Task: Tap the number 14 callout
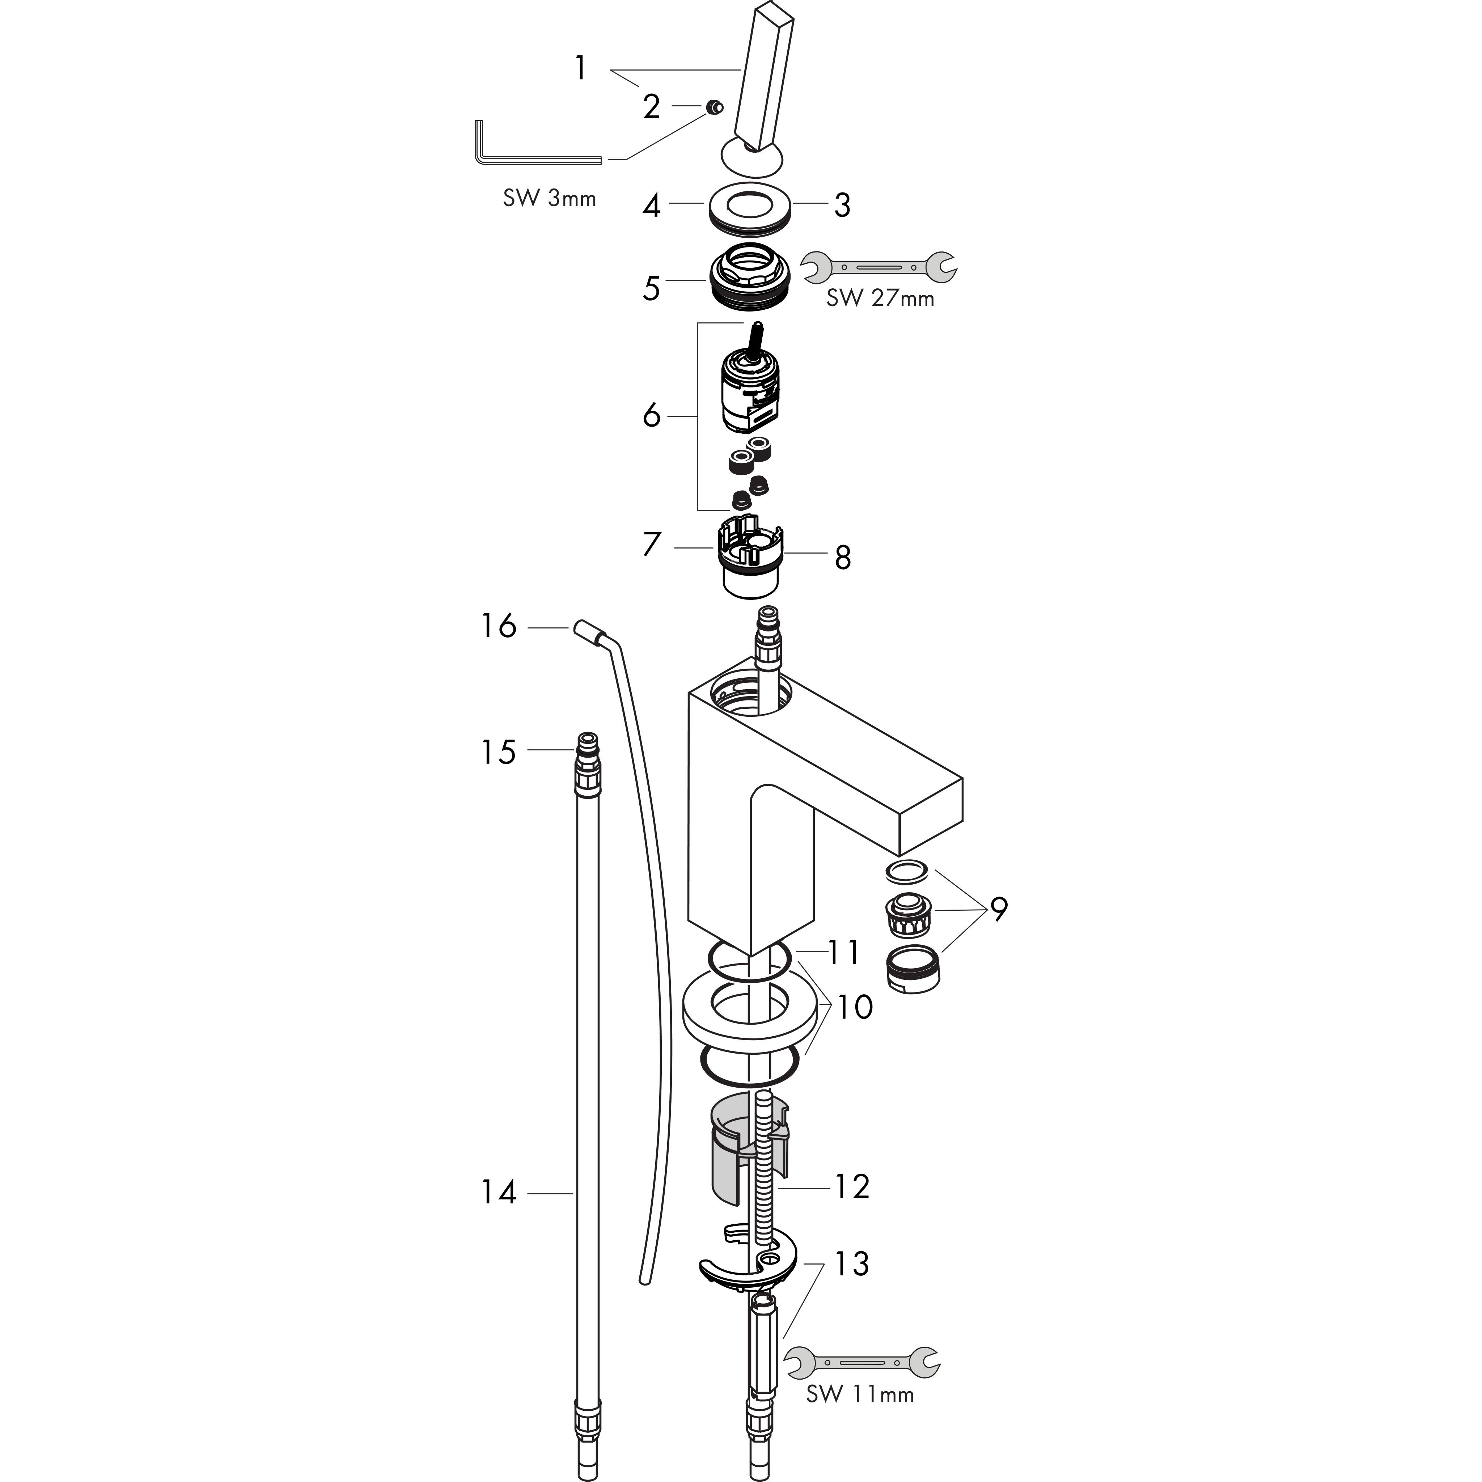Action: (499, 1193)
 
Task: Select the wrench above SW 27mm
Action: (878, 267)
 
